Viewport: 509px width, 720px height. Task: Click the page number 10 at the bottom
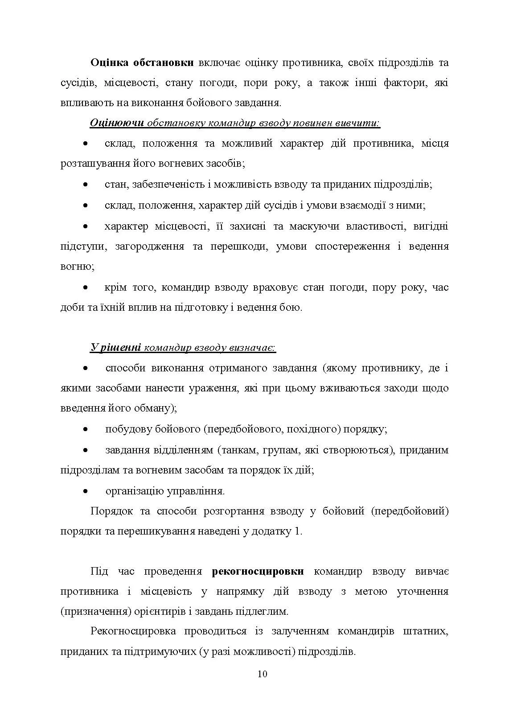[263, 674]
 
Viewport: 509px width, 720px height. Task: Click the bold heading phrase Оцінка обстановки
[142, 62]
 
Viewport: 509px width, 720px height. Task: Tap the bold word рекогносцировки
[258, 572]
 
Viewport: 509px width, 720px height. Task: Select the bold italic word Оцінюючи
[117, 123]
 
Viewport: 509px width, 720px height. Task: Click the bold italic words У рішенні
[116, 348]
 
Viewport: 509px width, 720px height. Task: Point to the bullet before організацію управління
[86, 491]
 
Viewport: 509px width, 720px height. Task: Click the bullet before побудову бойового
[86, 430]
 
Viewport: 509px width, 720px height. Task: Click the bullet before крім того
[86, 288]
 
